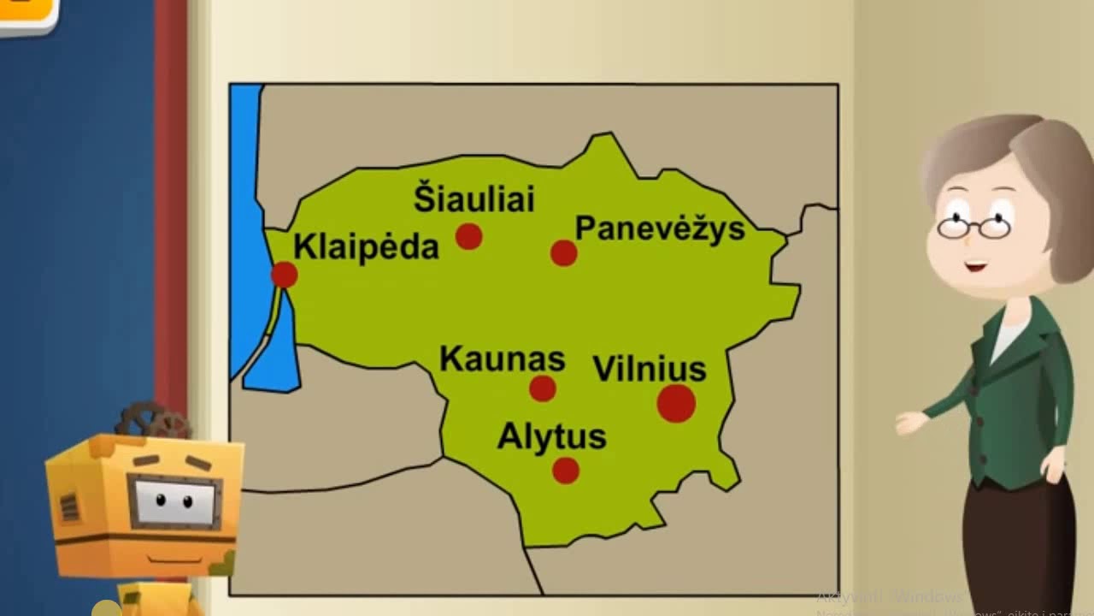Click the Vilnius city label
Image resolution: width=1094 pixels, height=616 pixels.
650,369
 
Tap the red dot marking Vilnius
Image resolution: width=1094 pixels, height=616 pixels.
676,403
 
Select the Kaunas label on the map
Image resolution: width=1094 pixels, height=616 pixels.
503,358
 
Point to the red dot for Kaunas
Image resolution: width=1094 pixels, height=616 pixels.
543,388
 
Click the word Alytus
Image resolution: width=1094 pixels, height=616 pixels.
551,436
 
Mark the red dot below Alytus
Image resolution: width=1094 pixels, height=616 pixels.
566,470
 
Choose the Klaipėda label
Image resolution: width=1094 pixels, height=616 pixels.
366,246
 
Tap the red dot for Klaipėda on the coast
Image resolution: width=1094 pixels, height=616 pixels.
284,275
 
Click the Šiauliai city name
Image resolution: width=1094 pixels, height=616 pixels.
474,198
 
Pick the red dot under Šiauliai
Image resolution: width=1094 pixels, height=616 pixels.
468,236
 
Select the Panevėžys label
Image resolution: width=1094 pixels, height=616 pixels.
660,228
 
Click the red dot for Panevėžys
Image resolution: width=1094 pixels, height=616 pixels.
563,252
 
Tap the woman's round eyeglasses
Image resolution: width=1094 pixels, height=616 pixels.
974,227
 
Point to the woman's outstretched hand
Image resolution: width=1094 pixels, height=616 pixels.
911,422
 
